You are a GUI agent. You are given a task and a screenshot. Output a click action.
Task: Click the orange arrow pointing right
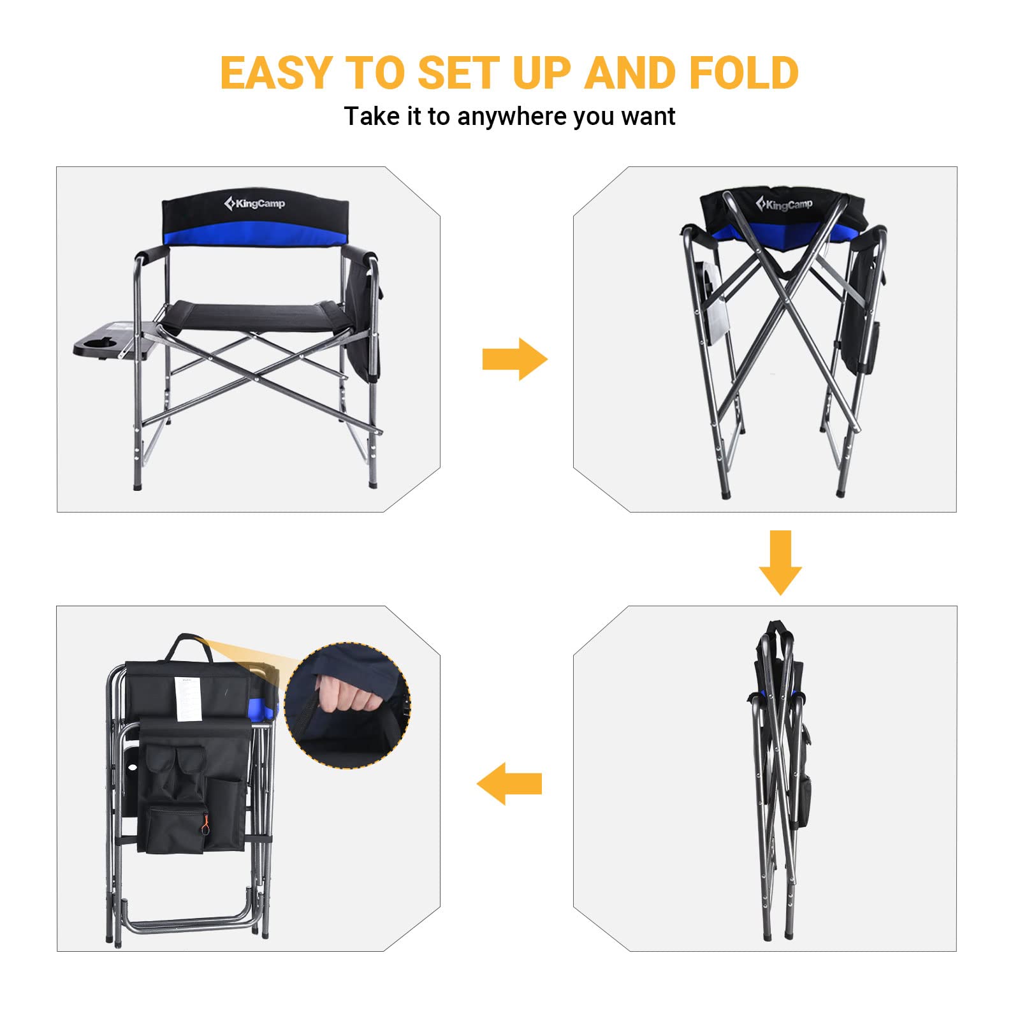[514, 359]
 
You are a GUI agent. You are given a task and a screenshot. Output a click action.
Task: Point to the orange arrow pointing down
[780, 562]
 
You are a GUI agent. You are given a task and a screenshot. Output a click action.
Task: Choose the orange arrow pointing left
[509, 783]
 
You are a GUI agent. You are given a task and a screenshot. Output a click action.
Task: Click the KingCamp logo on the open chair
[254, 203]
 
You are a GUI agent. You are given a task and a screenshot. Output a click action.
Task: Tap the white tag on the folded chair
[187, 699]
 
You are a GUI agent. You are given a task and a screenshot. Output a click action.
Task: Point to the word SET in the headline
[456, 73]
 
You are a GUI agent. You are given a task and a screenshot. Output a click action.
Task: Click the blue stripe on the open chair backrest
[255, 238]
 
